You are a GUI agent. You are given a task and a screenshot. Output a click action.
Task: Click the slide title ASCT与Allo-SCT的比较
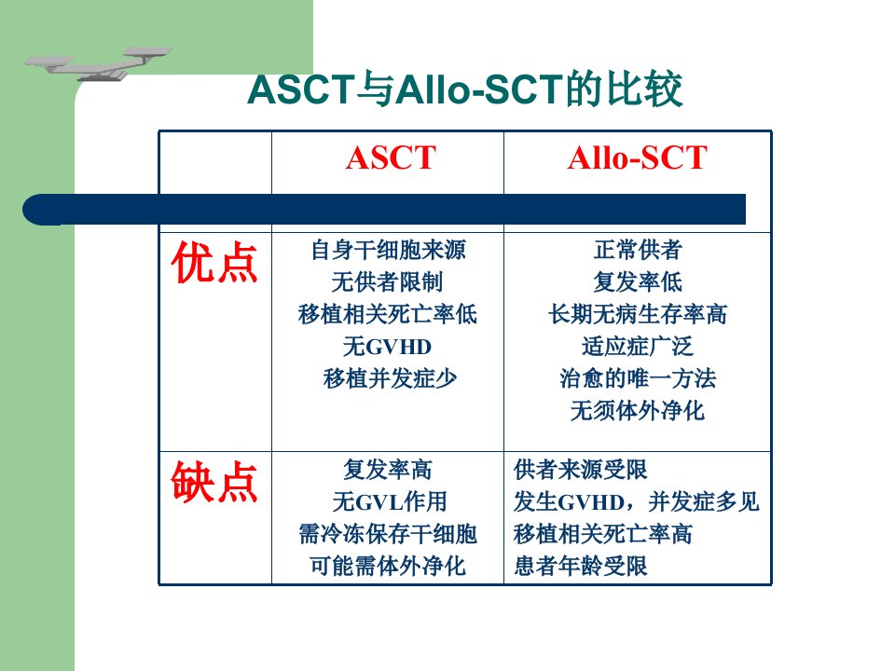(465, 89)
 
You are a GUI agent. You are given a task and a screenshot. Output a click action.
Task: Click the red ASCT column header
(391, 157)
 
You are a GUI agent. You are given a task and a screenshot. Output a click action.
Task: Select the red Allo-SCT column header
(637, 157)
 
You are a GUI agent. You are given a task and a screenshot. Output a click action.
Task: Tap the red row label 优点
(214, 263)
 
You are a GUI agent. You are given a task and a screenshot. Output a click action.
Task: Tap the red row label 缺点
(214, 482)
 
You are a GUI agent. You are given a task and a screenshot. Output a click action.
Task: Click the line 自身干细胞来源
(388, 250)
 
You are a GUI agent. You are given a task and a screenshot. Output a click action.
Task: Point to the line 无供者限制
(388, 281)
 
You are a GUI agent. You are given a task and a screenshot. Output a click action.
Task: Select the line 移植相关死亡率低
(388, 314)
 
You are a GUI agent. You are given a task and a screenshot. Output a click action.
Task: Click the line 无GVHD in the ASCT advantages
(388, 347)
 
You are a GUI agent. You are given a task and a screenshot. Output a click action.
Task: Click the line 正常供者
(638, 250)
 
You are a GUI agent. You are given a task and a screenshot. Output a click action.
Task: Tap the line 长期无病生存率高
(638, 314)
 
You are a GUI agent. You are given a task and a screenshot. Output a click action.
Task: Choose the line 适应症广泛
(638, 347)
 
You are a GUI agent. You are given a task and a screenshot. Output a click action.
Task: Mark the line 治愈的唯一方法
(638, 378)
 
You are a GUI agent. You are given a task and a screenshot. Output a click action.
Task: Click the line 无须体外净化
(638, 410)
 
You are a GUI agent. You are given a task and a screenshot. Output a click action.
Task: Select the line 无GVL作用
(390, 502)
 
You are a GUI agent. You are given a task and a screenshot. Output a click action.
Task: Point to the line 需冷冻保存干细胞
(388, 534)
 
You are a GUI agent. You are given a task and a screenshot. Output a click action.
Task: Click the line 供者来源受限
(581, 470)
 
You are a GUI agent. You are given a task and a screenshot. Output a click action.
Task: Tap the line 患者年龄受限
(581, 566)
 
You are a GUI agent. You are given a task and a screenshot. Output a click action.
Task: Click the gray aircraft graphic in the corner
(98, 63)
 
